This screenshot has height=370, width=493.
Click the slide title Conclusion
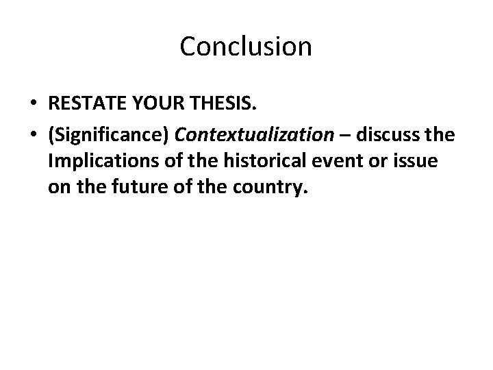246,47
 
